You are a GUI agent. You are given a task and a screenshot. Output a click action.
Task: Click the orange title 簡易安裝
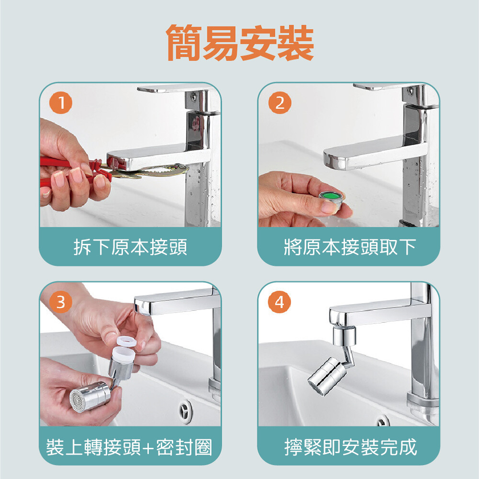click(240, 43)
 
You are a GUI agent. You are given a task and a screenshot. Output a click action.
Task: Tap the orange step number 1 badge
click(61, 103)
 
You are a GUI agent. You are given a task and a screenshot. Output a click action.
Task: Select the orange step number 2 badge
click(280, 103)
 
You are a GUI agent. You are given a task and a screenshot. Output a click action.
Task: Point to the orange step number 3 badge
click(61, 302)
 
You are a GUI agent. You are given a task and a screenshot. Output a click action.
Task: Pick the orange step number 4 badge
click(280, 302)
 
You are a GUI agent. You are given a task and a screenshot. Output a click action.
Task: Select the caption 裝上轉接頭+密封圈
click(129, 447)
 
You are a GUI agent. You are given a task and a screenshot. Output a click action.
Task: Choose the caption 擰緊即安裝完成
click(351, 447)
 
